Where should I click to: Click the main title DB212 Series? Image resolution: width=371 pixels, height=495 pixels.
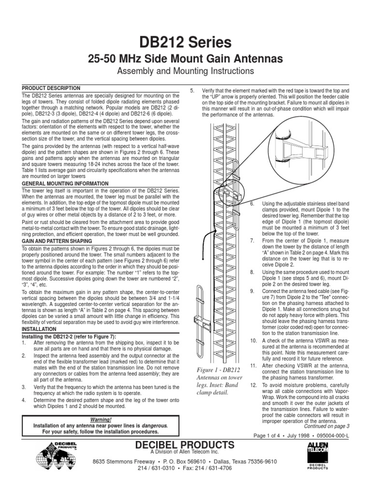tap(186, 43)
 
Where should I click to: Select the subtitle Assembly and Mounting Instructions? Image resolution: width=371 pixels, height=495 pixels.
tap(186, 72)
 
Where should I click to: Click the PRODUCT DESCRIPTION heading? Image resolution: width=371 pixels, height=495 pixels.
tap(51, 88)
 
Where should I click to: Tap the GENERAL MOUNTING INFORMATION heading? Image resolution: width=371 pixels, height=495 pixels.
tap(66, 184)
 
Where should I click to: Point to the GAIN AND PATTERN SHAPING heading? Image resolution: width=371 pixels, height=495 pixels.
tap(58, 240)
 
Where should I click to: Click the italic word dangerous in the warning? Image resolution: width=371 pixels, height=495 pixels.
tap(152, 425)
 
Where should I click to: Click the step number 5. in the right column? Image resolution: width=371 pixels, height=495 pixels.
tap(192, 91)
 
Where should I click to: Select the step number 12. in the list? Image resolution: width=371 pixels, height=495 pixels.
tap(253, 385)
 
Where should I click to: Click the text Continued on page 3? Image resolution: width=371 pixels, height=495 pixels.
tap(326, 426)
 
